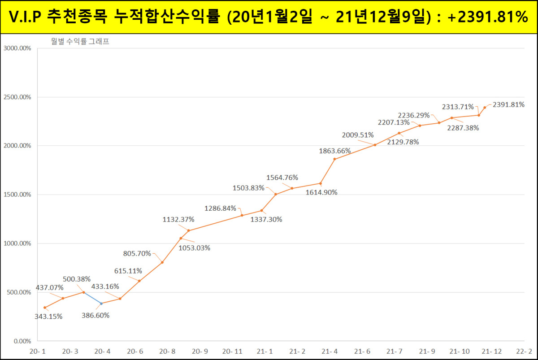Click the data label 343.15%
(x=48, y=317)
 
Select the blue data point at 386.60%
(x=101, y=304)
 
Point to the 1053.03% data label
(x=195, y=247)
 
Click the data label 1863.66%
(x=335, y=151)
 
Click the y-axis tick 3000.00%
(x=17, y=48)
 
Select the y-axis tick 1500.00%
(x=17, y=195)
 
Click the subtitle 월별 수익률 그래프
(x=80, y=42)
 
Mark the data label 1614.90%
(x=321, y=192)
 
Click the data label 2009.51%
(x=358, y=135)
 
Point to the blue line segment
(x=92, y=298)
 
